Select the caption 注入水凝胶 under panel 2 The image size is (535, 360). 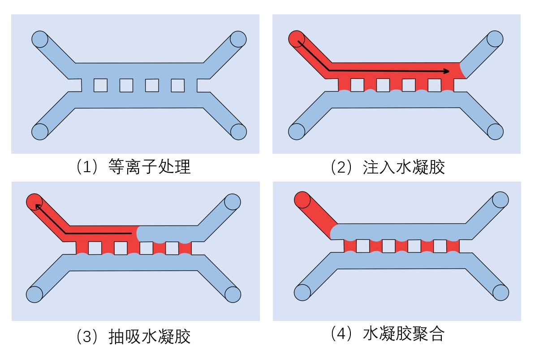(x=388, y=167)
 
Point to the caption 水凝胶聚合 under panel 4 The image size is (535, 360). (x=388, y=334)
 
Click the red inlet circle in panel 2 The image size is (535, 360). (x=297, y=39)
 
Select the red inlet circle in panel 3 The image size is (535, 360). (x=34, y=202)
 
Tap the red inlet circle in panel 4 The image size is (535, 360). (x=302, y=200)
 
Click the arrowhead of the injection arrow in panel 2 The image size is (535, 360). (x=446, y=71)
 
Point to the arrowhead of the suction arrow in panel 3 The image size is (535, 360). (x=37, y=205)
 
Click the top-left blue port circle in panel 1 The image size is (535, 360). (x=39, y=39)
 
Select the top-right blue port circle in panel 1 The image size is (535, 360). (x=238, y=39)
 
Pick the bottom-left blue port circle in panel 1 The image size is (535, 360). (x=39, y=131)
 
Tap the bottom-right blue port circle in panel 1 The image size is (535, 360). (x=238, y=131)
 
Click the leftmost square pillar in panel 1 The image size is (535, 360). (x=100, y=85)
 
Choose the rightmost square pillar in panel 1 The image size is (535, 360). (x=178, y=85)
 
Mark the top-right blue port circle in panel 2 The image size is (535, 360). (x=495, y=39)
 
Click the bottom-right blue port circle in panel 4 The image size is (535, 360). (x=501, y=292)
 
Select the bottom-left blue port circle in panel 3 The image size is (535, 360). (x=34, y=294)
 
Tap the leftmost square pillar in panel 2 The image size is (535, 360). (x=357, y=85)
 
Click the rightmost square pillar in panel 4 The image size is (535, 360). (x=440, y=246)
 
